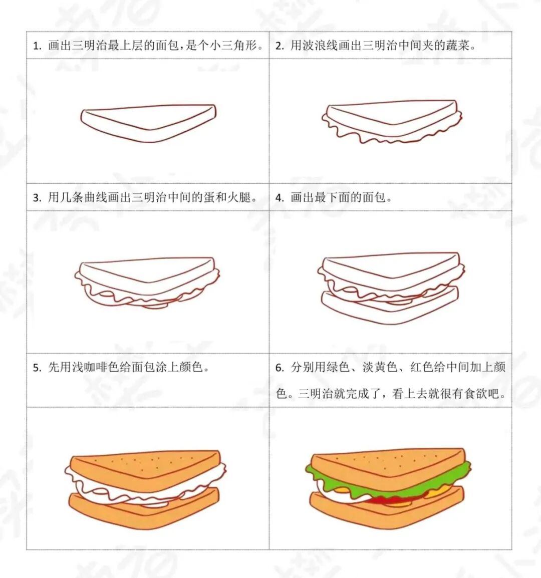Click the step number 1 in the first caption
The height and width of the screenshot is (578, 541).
pos(37,46)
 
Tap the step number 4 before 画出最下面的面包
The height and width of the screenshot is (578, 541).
pos(279,198)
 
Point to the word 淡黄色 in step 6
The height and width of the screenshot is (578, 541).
pos(380,367)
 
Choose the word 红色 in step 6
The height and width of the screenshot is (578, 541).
pos(422,367)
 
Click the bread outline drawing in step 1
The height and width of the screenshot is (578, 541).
pos(148,123)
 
